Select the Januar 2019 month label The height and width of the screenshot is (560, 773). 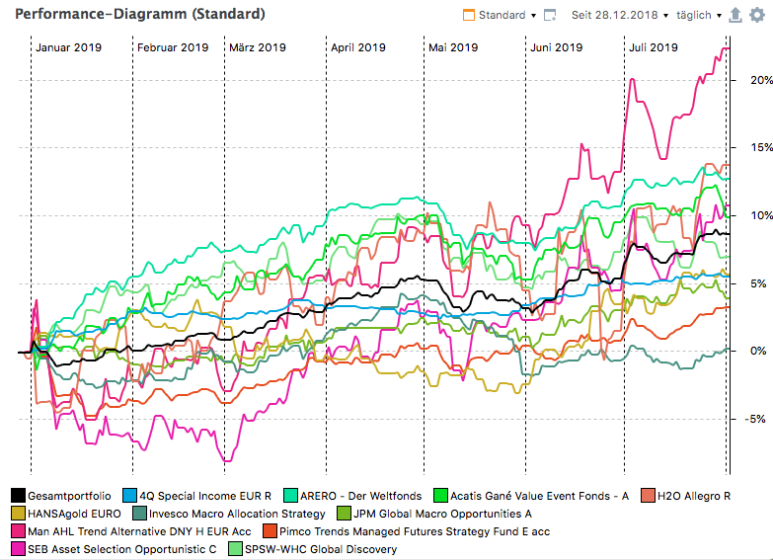coord(68,47)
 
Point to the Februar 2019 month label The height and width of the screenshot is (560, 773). coord(173,47)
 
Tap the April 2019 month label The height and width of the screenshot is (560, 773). coord(357,47)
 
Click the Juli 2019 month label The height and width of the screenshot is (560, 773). coord(654,47)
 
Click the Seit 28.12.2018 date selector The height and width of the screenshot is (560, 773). coord(619,16)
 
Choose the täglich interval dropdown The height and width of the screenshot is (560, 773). coord(699,16)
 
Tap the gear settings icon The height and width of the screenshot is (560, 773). coord(757,16)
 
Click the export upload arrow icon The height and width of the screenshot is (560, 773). coord(734,16)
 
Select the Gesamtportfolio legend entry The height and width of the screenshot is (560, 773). coord(61,496)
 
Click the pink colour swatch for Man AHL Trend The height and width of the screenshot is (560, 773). coord(19,531)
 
